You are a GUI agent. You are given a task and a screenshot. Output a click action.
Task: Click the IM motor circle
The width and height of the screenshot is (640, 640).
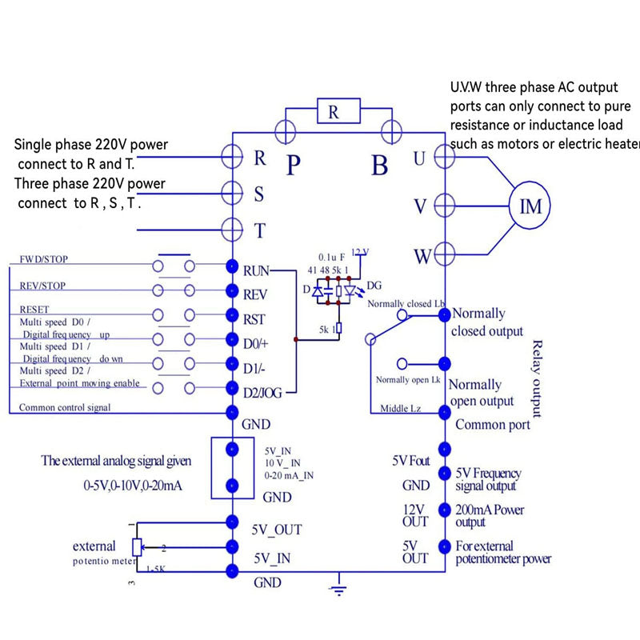point(531,207)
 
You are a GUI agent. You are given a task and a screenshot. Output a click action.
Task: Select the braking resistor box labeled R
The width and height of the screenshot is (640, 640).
point(334,113)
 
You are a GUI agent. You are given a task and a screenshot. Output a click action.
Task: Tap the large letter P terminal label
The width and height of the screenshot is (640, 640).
point(294,165)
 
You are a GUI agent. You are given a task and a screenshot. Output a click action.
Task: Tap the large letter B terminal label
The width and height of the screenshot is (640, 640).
point(379,165)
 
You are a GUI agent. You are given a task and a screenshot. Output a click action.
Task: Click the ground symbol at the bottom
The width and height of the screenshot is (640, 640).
point(339,590)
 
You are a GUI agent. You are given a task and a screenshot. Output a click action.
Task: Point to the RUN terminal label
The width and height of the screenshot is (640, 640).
point(257,270)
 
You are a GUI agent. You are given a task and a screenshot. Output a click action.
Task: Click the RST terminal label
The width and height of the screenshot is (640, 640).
point(254,319)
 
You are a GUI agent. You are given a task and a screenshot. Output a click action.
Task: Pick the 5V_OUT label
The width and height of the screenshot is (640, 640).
point(278,530)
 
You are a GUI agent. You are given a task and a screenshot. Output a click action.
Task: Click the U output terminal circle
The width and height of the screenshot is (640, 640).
point(444,156)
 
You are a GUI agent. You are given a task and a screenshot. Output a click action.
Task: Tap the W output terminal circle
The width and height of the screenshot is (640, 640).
point(444,256)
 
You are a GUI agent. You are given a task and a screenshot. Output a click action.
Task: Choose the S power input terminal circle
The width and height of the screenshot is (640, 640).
point(232,192)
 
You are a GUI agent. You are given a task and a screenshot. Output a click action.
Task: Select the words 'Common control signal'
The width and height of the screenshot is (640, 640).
point(65,407)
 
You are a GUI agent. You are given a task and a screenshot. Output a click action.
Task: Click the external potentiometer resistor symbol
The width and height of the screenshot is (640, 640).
point(137,547)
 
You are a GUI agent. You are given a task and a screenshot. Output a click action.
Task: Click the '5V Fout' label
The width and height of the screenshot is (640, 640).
point(410,462)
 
